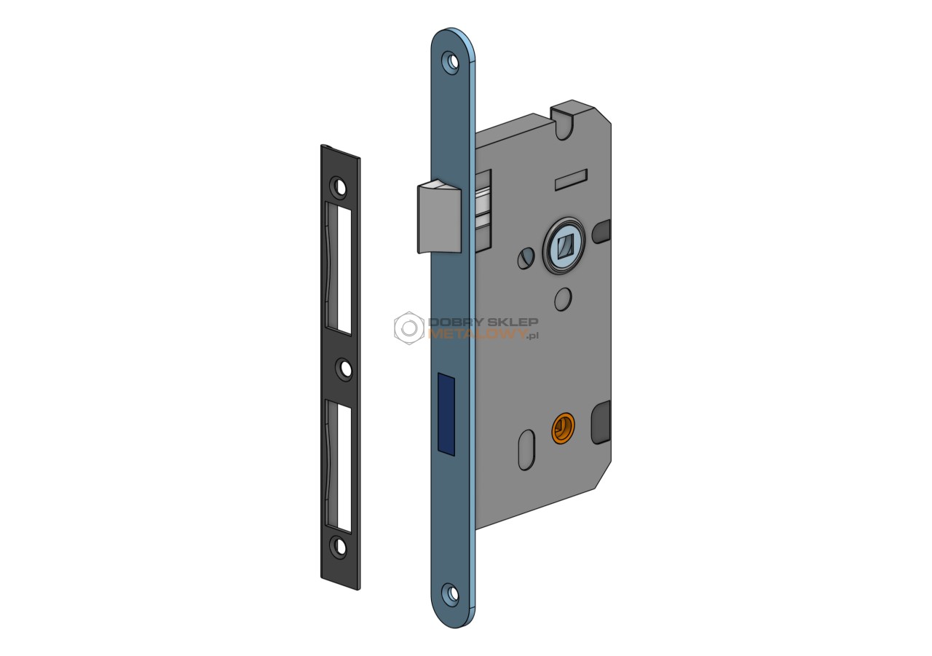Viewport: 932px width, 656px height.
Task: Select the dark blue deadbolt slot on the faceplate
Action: click(446, 414)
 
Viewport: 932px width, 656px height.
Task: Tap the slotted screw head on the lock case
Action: click(526, 258)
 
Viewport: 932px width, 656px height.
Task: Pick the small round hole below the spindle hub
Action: click(563, 299)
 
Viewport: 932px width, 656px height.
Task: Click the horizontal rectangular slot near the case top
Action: click(572, 179)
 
